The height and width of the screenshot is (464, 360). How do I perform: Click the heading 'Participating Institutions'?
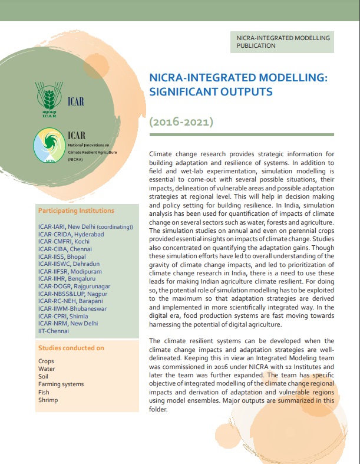click(x=76, y=210)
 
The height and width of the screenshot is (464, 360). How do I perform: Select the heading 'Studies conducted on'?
click(x=71, y=348)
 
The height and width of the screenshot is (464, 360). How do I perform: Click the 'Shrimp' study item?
click(x=48, y=399)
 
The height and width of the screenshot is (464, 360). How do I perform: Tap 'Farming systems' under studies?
click(x=61, y=384)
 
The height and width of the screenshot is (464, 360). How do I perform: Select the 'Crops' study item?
click(x=46, y=361)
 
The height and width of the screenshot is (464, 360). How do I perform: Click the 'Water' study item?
click(x=47, y=368)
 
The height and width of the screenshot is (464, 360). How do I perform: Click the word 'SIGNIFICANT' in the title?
click(x=188, y=93)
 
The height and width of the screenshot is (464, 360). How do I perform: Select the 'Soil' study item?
click(x=44, y=376)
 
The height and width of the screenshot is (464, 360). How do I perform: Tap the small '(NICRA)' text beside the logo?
click(x=75, y=160)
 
